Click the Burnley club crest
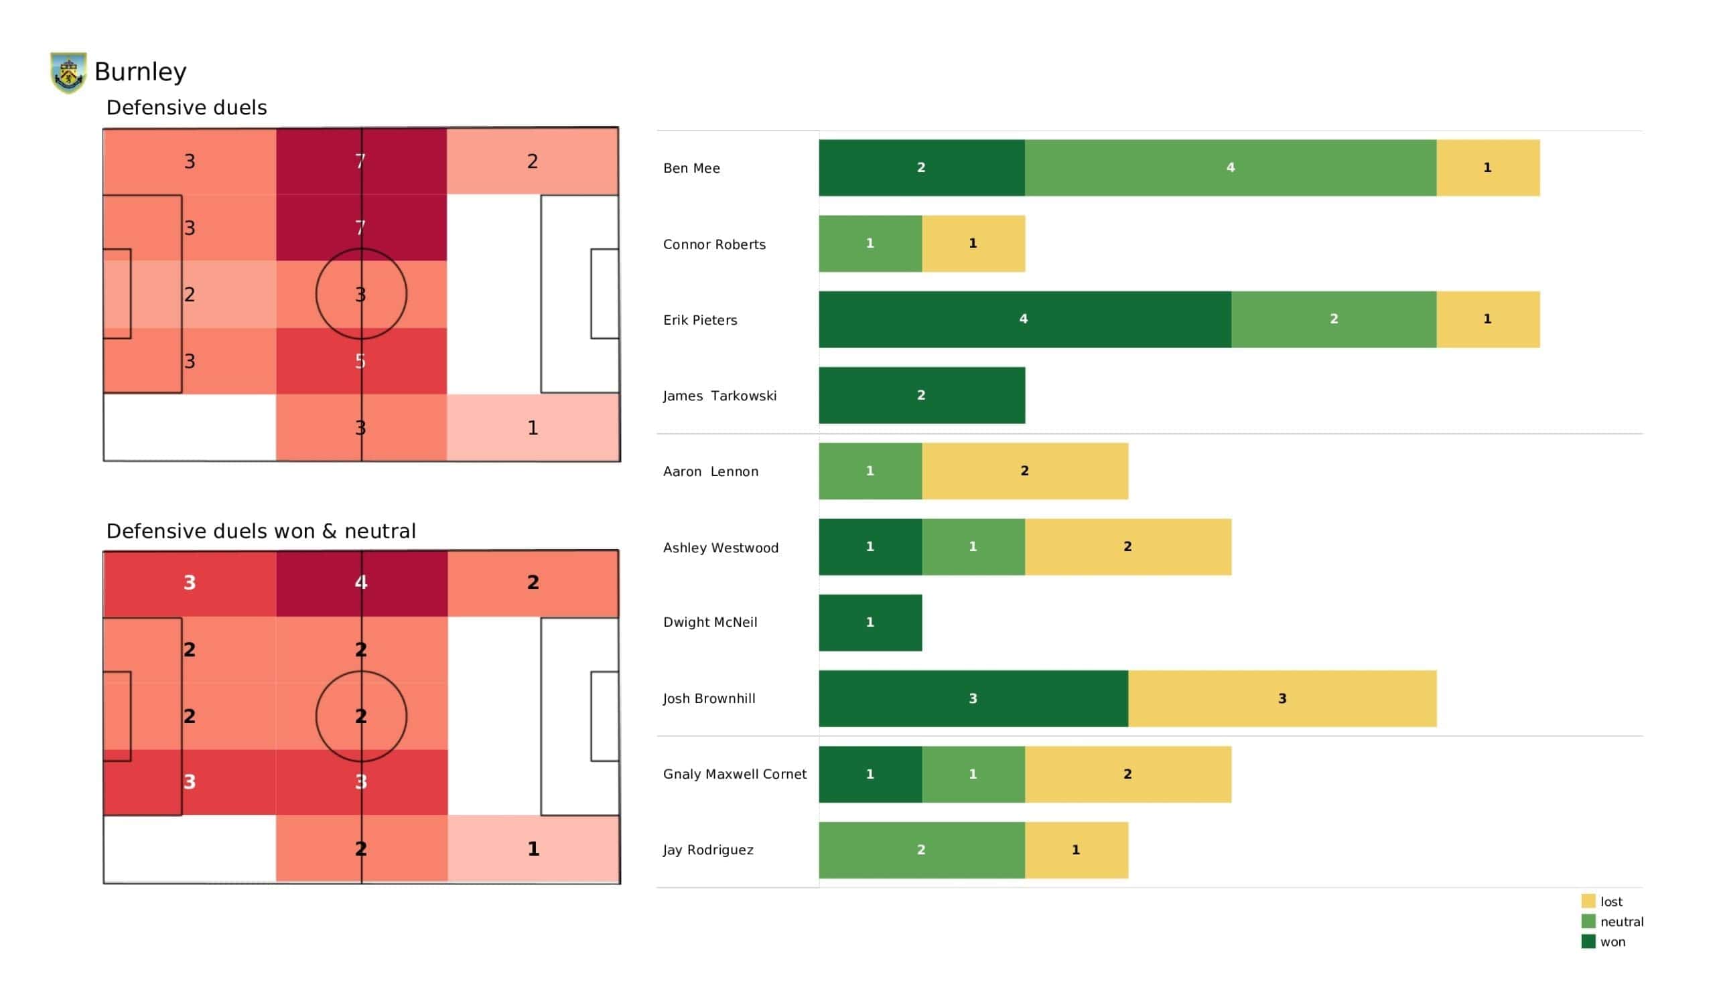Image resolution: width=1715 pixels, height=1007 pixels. (x=68, y=72)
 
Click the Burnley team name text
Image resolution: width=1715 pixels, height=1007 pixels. (x=140, y=72)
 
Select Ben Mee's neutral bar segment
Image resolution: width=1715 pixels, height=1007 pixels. (x=1230, y=168)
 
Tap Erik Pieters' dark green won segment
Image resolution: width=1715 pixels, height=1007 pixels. (x=1024, y=320)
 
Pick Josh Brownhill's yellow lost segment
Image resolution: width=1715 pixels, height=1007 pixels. (x=1282, y=699)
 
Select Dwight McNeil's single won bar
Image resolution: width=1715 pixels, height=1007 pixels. (x=870, y=623)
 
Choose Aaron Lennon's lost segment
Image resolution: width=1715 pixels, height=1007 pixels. (x=1024, y=471)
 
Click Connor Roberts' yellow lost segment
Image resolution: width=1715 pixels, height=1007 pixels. (x=973, y=244)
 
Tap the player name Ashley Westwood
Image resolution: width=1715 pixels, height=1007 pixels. (x=720, y=548)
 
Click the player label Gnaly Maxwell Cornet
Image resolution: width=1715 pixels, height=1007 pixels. (x=734, y=774)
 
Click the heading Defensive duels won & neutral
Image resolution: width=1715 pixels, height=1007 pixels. (x=261, y=532)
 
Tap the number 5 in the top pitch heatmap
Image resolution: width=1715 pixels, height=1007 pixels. (x=360, y=362)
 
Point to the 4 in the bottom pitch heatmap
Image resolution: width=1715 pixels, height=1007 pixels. (x=360, y=583)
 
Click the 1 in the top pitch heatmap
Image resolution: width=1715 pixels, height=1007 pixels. (x=533, y=428)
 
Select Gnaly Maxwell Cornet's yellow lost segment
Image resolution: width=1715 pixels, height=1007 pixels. (x=1127, y=774)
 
